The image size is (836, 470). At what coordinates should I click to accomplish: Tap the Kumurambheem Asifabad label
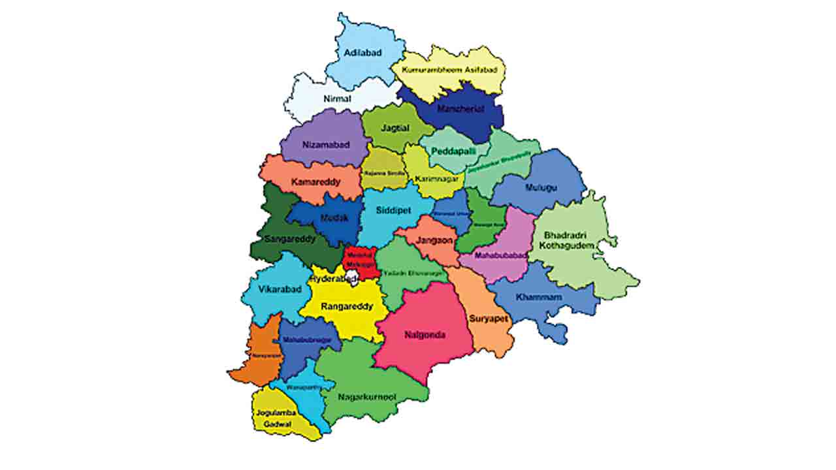coord(449,70)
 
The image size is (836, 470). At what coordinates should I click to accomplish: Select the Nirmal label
coord(337,99)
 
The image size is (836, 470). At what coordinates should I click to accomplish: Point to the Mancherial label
coord(461,109)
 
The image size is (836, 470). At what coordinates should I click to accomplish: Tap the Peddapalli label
coord(451,150)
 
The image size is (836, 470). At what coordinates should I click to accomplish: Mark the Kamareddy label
coord(315,181)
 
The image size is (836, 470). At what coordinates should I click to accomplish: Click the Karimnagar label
coord(436,178)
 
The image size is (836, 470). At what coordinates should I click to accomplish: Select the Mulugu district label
coord(541,187)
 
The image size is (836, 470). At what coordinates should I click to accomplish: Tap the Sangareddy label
coord(291,239)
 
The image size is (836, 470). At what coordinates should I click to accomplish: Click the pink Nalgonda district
coord(425,335)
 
